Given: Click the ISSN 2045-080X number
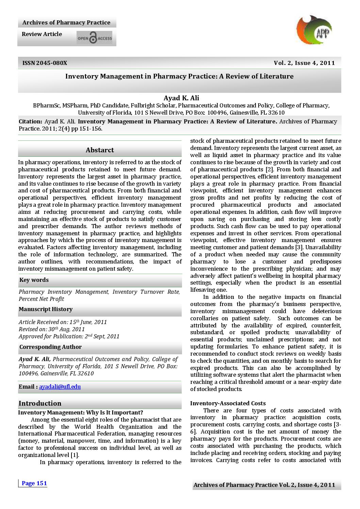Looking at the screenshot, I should click(x=45, y=63).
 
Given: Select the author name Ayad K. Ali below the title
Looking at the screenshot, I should click(x=181, y=98).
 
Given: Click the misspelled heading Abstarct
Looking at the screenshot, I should click(x=100, y=150).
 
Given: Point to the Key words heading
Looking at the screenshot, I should click(x=34, y=280).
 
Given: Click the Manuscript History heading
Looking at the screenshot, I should click(x=46, y=309).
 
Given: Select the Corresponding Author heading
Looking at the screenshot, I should click(x=50, y=347).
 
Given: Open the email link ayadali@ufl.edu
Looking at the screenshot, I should click(x=60, y=387).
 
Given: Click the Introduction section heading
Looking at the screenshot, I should click(x=40, y=403).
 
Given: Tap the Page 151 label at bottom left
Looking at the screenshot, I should click(x=34, y=483).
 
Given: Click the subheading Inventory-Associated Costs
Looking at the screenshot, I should click(x=228, y=403).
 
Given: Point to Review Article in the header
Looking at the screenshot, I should click(x=42, y=34).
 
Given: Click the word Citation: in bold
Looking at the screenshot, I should click(x=30, y=121).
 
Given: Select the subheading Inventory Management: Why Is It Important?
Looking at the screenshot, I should click(x=80, y=412).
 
